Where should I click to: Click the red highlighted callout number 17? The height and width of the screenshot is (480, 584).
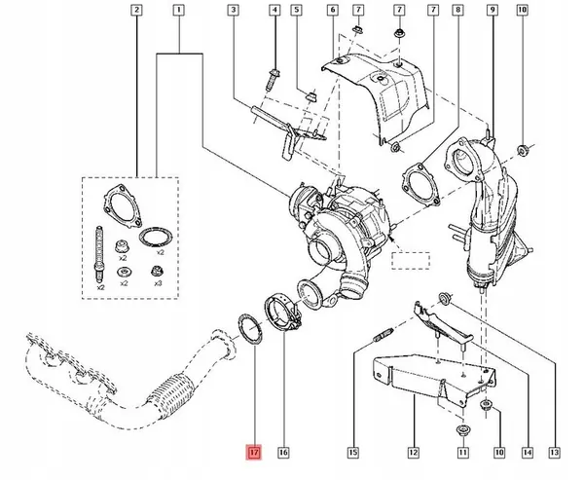254,453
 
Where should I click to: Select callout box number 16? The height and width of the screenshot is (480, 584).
283,453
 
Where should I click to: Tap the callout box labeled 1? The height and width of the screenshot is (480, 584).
179,10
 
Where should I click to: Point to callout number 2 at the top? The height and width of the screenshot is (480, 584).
136,10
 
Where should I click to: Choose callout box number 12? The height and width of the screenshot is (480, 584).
414,453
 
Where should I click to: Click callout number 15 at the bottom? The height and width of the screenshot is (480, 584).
353,453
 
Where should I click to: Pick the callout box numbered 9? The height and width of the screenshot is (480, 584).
493,10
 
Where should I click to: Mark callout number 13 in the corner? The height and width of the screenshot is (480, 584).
555,453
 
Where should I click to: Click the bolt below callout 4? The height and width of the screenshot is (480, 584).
272,79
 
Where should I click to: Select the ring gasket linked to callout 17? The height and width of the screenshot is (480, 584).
250,328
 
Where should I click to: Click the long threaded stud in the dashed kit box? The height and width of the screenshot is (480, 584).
99,253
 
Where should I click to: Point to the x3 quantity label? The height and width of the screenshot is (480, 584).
159,283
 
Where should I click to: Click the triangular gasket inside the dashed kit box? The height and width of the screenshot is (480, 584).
123,205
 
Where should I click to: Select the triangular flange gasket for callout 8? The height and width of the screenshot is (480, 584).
421,184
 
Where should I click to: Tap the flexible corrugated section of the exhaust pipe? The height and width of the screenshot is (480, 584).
171,395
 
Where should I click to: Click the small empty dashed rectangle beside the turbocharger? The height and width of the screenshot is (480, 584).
411,261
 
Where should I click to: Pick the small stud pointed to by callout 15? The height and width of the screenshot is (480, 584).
383,334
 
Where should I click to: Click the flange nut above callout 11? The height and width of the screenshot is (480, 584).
461,431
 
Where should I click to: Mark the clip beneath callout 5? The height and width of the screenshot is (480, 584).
311,97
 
